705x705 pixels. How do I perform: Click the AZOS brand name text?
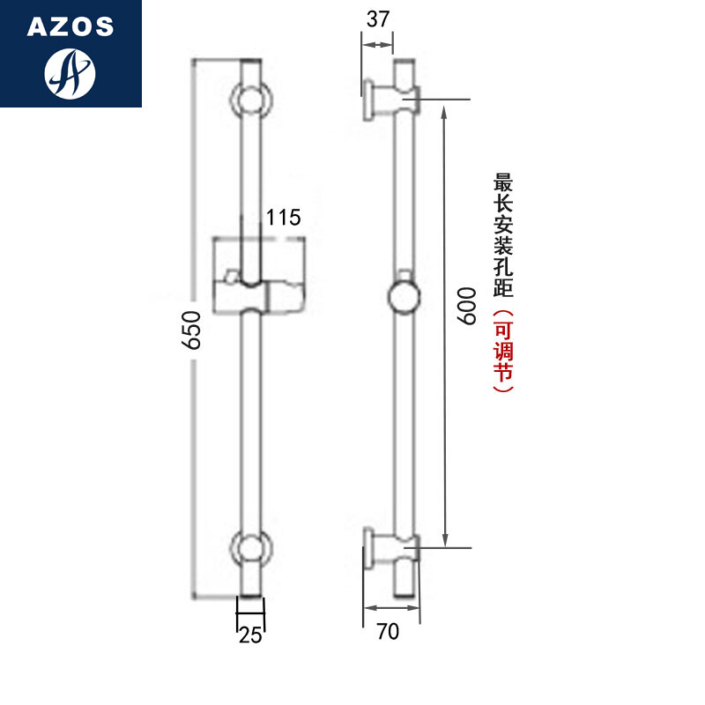tap(70, 26)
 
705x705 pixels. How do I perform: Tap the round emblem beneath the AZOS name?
tap(70, 74)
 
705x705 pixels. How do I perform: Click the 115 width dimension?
tap(284, 217)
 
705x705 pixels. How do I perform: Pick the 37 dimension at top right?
tap(378, 20)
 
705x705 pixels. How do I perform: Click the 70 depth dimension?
tap(389, 631)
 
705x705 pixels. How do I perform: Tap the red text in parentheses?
tap(503, 351)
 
